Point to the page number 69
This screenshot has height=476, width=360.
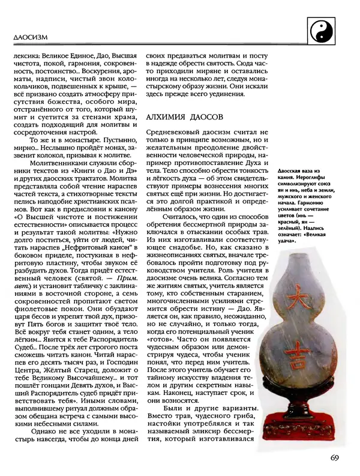click(335, 458)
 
